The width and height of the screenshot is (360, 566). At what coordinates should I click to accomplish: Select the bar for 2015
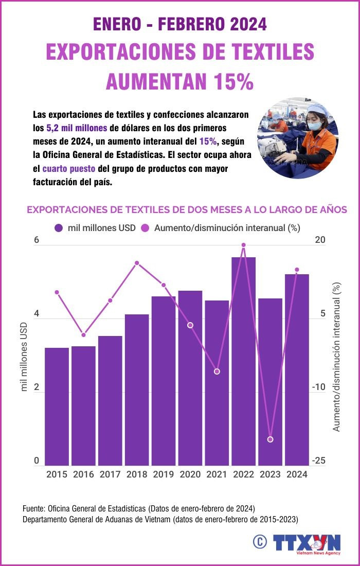[x=57, y=406]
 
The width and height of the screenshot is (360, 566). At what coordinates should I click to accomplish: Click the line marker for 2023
[x=270, y=439]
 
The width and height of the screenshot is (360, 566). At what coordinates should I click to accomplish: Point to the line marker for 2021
[x=217, y=372]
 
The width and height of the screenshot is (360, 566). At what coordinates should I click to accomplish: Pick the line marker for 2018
[x=137, y=263]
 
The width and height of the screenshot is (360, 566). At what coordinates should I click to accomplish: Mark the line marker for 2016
[x=84, y=335]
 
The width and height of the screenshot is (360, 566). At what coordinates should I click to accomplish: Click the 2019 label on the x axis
[x=164, y=475]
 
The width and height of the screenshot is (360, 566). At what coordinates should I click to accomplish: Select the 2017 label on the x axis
[x=110, y=475]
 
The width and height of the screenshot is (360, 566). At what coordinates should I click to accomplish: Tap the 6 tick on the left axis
[x=37, y=240]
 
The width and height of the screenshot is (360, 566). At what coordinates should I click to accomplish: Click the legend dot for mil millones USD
[x=59, y=227]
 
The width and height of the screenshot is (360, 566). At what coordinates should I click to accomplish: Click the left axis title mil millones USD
[x=24, y=356]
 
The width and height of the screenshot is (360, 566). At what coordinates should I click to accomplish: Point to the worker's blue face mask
[x=314, y=125]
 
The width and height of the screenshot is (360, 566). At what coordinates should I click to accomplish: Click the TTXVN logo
[x=307, y=543]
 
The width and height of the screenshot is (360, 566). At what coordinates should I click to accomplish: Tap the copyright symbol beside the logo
[x=260, y=542]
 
